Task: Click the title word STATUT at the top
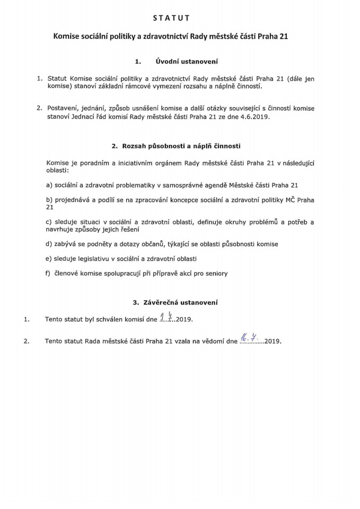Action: pyautogui.click(x=180, y=18)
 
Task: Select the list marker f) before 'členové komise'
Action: pyautogui.click(x=50, y=274)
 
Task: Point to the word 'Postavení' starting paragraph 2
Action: pyautogui.click(x=63, y=108)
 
